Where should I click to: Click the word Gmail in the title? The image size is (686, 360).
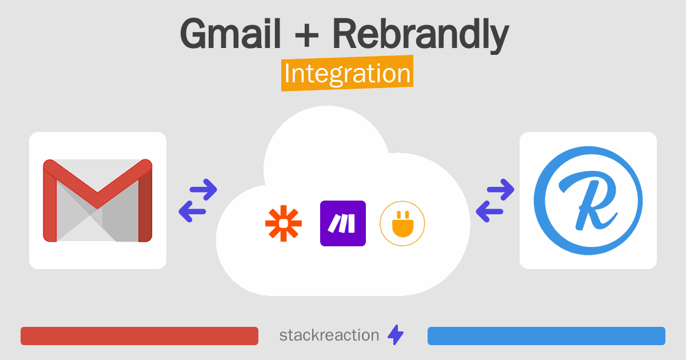[x=230, y=34]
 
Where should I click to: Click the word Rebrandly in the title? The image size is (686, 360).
[x=420, y=34]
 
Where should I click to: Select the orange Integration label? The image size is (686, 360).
[x=347, y=74]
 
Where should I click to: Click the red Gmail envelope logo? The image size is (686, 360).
[x=98, y=201]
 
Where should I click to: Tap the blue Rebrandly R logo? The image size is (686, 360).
[x=588, y=201]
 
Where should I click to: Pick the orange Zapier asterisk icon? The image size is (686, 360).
[x=284, y=223]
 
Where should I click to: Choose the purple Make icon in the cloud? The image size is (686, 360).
[x=343, y=223]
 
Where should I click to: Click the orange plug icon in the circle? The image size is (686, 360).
[x=402, y=223]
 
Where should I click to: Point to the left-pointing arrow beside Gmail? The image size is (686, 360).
[x=193, y=211]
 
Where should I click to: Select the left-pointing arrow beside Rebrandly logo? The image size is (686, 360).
[x=489, y=211]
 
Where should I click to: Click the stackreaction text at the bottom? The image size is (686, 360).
[x=329, y=335]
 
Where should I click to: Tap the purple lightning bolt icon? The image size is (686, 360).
[x=396, y=335]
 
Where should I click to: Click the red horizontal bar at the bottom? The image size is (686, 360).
[x=139, y=336]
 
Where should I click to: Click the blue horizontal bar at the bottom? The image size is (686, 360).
[x=547, y=336]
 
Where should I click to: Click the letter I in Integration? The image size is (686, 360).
[x=288, y=74]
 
